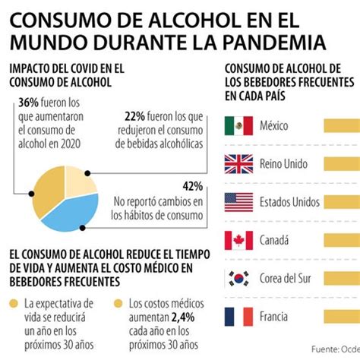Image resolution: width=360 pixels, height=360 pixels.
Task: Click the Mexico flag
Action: point(238,125)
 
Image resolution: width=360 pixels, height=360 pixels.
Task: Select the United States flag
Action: point(238,202)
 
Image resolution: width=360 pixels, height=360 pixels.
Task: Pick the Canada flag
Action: point(238,241)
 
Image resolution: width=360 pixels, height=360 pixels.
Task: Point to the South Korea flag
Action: point(238,279)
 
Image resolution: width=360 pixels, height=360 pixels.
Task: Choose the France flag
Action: point(238,317)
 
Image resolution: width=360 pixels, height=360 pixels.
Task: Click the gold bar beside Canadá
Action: point(342,241)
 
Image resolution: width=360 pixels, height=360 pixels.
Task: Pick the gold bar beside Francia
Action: point(342,317)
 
